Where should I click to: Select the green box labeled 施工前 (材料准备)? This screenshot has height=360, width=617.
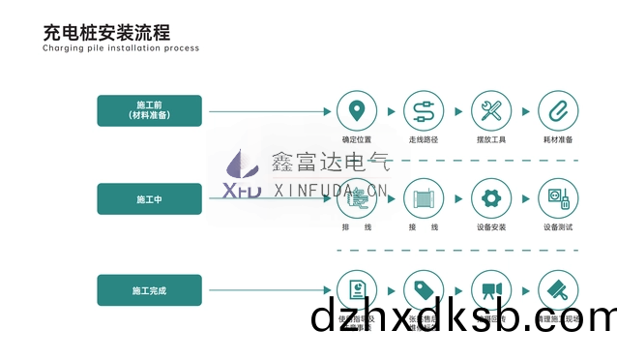pyautogui.click(x=149, y=109)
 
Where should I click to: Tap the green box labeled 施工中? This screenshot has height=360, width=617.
pyautogui.click(x=149, y=198)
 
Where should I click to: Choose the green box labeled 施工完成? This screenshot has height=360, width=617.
pyautogui.click(x=149, y=289)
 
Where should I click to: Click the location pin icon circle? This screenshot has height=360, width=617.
pyautogui.click(x=357, y=109)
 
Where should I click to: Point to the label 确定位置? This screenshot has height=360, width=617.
pyautogui.click(x=357, y=139)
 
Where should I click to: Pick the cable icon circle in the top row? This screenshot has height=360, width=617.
pyautogui.click(x=423, y=109)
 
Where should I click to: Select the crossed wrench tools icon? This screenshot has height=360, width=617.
pyautogui.click(x=490, y=109)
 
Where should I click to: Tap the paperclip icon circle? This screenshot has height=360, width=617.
pyautogui.click(x=557, y=109)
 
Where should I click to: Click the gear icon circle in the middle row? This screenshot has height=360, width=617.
pyautogui.click(x=490, y=198)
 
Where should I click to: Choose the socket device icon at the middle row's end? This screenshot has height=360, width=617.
pyautogui.click(x=557, y=198)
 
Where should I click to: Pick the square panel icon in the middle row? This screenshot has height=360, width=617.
pyautogui.click(x=423, y=198)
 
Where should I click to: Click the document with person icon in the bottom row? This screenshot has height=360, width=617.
pyautogui.click(x=357, y=289)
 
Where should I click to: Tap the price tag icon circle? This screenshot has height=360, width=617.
pyautogui.click(x=423, y=289)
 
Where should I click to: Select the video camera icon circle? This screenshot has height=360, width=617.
pyautogui.click(x=490, y=289)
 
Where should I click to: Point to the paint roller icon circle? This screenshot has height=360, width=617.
pyautogui.click(x=557, y=289)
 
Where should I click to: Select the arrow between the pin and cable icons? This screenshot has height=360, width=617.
pyautogui.click(x=390, y=110)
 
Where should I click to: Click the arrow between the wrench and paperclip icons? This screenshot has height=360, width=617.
pyautogui.click(x=524, y=110)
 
